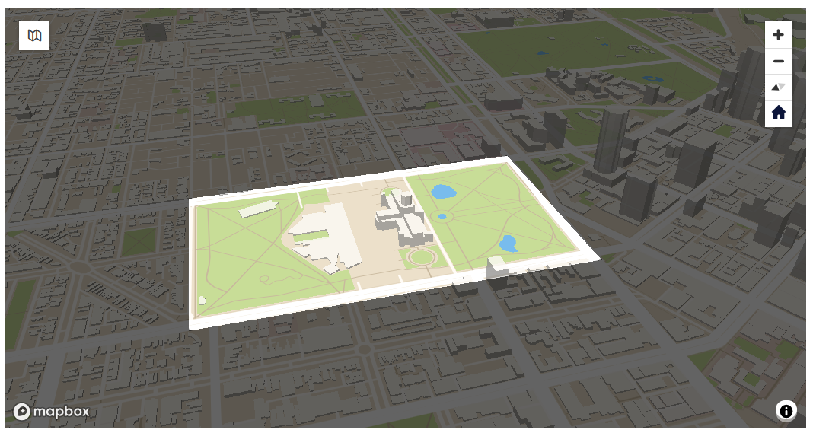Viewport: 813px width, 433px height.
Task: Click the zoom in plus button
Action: [x=778, y=34]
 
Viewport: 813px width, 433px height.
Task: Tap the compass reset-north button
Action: [x=778, y=88]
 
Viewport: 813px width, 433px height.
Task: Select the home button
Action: [x=778, y=113]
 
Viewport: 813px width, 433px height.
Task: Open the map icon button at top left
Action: [x=34, y=35]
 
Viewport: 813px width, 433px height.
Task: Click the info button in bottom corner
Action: [x=786, y=411]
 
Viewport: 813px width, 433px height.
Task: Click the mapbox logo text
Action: [x=52, y=412]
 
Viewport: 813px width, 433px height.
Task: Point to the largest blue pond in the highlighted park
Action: [x=442, y=191]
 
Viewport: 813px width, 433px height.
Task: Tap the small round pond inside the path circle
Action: [x=442, y=217]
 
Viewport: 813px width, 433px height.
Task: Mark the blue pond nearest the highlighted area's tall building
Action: [x=508, y=244]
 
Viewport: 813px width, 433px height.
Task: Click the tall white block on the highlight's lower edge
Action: [x=496, y=269]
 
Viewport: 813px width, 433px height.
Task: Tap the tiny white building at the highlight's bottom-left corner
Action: [x=202, y=300]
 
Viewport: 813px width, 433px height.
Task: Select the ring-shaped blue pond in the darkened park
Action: [x=652, y=78]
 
